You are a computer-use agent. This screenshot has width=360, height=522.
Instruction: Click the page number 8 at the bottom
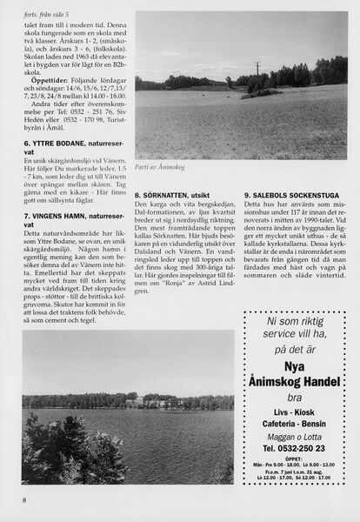point(25,499)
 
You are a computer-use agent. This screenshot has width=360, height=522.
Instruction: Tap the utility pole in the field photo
point(257,69)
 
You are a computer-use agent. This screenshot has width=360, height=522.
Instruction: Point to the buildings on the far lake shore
point(139,402)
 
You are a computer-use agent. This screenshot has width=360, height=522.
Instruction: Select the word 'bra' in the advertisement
point(297,401)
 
